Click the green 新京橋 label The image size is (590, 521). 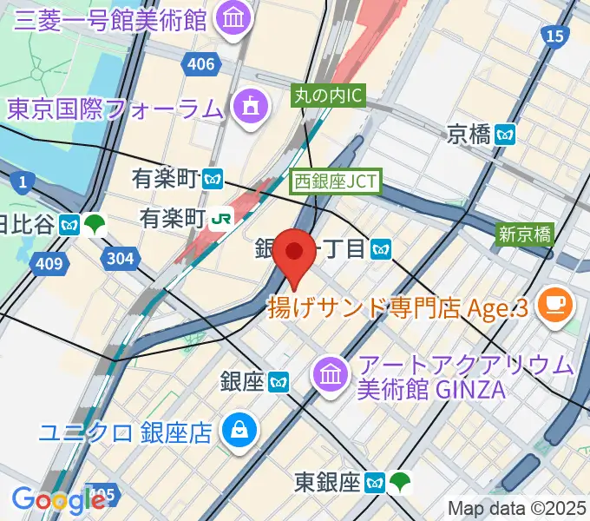coord(523,234)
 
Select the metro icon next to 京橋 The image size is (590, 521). coord(507,134)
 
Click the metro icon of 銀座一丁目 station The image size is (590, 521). coord(379,250)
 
